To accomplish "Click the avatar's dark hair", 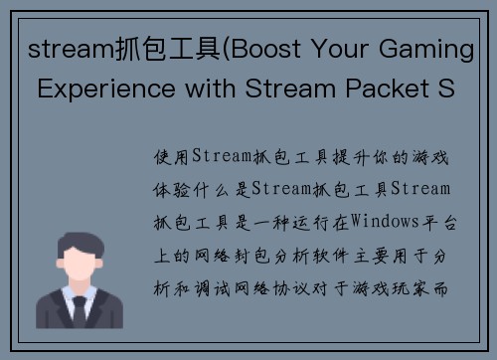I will (x=79, y=242).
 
